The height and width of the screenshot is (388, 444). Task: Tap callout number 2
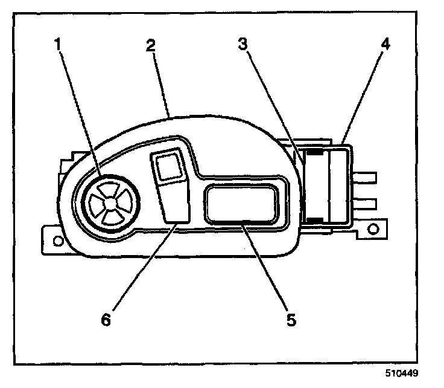(151, 45)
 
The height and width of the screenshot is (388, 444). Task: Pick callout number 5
(291, 318)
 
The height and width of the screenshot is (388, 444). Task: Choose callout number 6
(106, 318)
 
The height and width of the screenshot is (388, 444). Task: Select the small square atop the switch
(170, 165)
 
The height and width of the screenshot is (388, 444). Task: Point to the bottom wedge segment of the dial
(109, 220)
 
